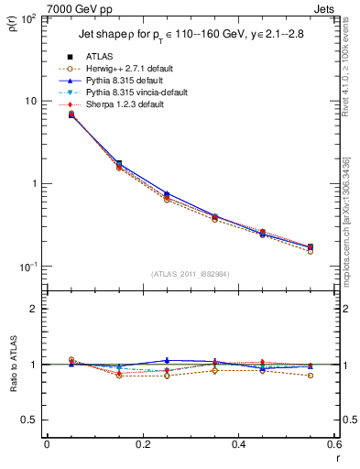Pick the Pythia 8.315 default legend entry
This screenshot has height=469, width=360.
[x=122, y=81]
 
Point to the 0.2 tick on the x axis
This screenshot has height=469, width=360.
[x=142, y=444]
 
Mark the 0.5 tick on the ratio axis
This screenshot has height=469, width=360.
[x=29, y=420]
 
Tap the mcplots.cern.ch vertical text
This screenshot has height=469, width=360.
[x=351, y=211]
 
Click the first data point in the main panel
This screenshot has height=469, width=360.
[x=71, y=115]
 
